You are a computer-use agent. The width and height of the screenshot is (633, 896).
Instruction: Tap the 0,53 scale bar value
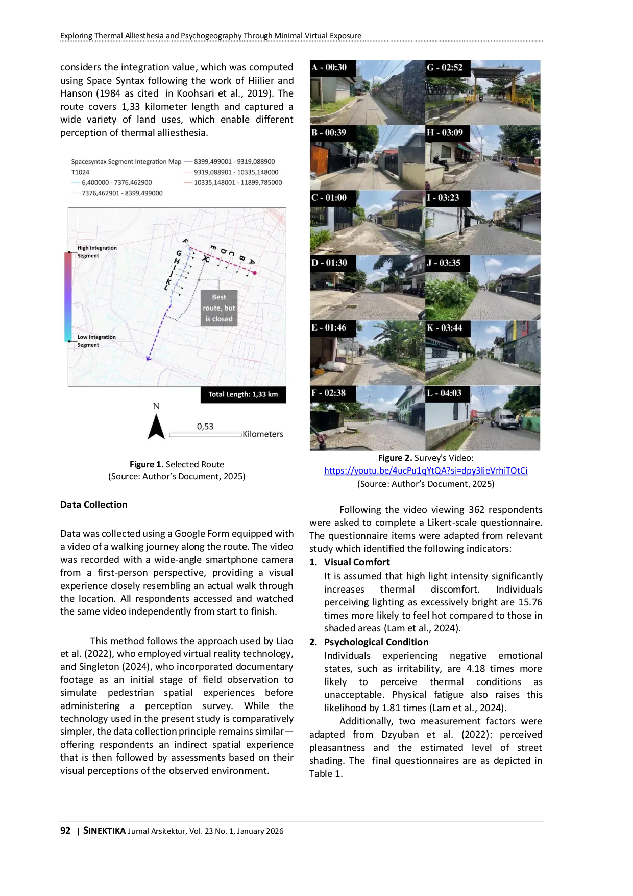(x=205, y=427)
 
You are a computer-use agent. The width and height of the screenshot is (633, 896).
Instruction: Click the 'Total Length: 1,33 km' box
(x=243, y=394)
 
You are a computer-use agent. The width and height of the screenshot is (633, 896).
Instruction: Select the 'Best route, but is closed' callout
(x=219, y=308)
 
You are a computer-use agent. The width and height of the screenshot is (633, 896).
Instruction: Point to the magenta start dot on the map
(x=254, y=273)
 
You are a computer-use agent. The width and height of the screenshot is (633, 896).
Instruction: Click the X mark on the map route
(x=206, y=259)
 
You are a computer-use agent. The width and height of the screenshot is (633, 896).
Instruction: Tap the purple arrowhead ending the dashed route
(x=149, y=358)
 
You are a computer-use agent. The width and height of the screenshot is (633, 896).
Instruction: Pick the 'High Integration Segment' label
(x=96, y=252)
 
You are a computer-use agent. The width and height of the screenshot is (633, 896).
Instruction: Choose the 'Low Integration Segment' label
(x=96, y=341)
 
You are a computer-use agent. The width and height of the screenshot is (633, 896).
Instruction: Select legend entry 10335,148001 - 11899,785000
(x=237, y=182)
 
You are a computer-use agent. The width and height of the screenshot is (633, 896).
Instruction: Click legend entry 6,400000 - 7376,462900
(x=116, y=182)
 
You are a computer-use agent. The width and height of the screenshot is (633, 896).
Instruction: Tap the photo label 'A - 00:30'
(x=329, y=67)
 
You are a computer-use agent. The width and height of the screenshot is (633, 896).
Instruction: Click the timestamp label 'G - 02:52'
(x=445, y=67)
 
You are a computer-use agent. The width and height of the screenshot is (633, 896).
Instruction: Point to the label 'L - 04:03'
(x=444, y=393)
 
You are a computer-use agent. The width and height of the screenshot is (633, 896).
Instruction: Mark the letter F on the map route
(x=185, y=241)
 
